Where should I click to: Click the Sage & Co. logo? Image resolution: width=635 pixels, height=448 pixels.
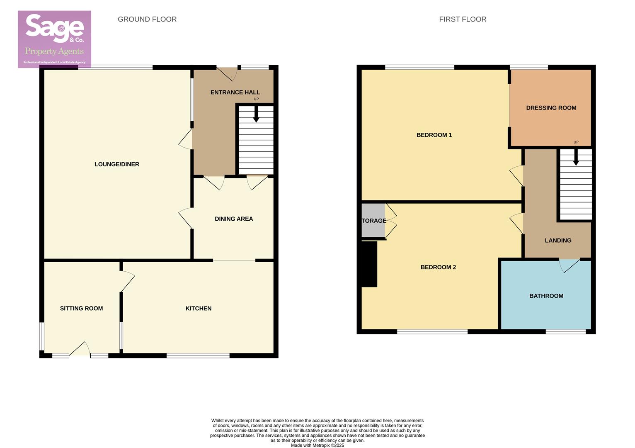54,39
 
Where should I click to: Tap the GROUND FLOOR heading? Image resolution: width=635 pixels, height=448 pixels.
147,19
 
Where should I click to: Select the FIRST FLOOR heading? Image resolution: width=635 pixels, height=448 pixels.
463,19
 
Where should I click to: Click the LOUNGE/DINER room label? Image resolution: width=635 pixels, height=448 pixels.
117,164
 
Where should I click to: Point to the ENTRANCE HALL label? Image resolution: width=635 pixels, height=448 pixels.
235,93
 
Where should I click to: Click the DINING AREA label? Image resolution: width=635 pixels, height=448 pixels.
234,219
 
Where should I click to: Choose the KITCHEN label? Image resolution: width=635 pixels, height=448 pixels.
199,308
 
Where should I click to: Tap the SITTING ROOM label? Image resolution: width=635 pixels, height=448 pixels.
81,308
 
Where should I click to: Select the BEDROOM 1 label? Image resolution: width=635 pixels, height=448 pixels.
434,135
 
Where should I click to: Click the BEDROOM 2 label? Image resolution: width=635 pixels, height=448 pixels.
438,267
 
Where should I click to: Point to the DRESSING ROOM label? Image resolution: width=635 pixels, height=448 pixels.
551,108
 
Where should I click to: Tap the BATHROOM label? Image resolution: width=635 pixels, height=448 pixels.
546,296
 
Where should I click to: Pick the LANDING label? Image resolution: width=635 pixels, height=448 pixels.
558,240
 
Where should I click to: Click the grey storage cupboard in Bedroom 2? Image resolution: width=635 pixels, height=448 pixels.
373,220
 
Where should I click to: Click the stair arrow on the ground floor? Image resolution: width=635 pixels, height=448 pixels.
256,114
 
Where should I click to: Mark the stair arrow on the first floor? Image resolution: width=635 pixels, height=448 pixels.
576,158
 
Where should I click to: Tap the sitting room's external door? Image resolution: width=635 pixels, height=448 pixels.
80,350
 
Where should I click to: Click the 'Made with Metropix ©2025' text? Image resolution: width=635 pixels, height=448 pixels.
317,446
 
